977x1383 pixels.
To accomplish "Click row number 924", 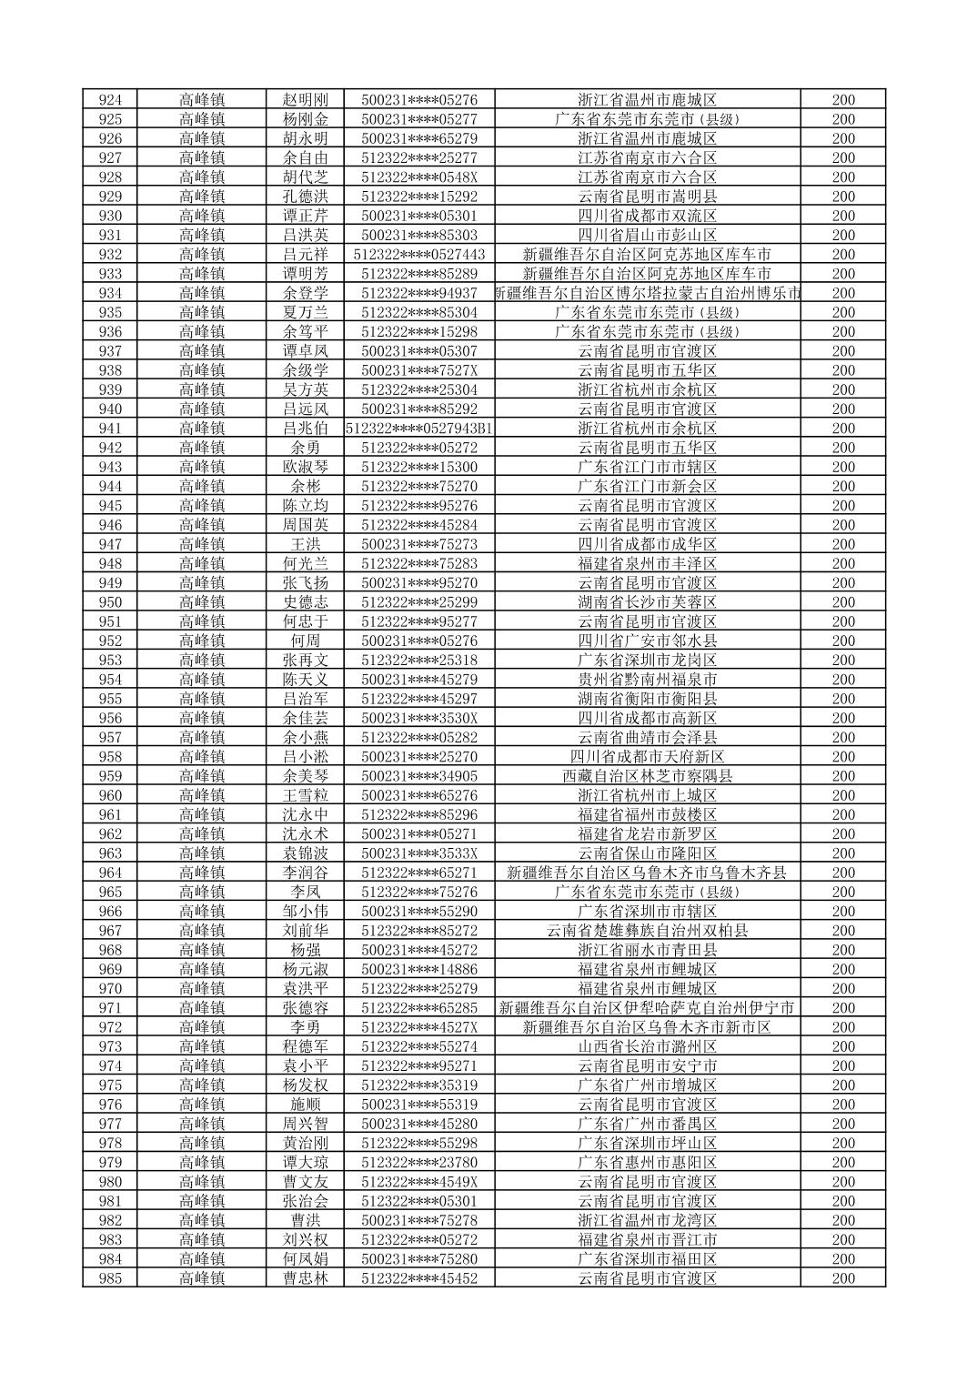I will tap(109, 100).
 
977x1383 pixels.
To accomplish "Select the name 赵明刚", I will tap(305, 100).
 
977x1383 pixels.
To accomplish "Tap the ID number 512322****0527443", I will tap(419, 255).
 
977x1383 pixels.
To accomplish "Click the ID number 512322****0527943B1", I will tap(419, 429).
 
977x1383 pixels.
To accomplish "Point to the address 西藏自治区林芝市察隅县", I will tap(647, 776).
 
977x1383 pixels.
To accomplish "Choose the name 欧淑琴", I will tap(305, 467).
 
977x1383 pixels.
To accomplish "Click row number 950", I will tap(109, 602).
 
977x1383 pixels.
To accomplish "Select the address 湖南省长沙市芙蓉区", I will tap(647, 602).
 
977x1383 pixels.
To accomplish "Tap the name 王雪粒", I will tap(305, 795).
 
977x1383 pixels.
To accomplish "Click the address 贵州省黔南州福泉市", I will tap(647, 680).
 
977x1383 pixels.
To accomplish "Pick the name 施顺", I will tap(305, 1105).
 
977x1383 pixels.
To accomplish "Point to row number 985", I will tap(109, 1278).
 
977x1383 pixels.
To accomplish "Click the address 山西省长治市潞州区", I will tap(647, 1046).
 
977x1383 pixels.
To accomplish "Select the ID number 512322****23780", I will tap(419, 1163).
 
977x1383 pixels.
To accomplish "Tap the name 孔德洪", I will tap(305, 197).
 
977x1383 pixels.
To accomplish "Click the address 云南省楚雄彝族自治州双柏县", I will tap(647, 931).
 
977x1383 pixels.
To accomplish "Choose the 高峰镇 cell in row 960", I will tap(202, 795).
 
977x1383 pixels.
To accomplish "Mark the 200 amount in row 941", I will tap(843, 429).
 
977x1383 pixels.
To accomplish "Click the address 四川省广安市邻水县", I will tap(647, 641).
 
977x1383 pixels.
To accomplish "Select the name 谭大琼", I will tap(305, 1163).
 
